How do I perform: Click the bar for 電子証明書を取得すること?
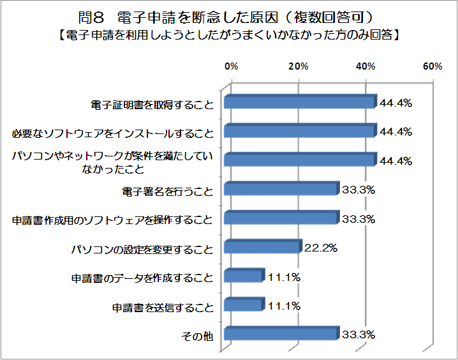tap(299, 103)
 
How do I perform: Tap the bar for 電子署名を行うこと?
tap(280, 190)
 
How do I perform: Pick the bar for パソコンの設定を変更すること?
tap(262, 247)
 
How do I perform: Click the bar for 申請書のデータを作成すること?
tap(243, 276)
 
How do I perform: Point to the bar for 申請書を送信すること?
tap(243, 306)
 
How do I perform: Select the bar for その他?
tap(280, 334)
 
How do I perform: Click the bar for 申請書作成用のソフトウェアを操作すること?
tap(280, 219)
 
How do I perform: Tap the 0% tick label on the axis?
tap(231, 67)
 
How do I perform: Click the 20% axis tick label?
tap(299, 67)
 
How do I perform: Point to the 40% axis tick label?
tap(366, 67)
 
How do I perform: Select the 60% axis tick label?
tap(432, 67)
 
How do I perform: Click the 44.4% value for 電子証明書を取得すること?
tap(395, 103)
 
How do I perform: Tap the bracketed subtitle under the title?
tap(230, 34)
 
